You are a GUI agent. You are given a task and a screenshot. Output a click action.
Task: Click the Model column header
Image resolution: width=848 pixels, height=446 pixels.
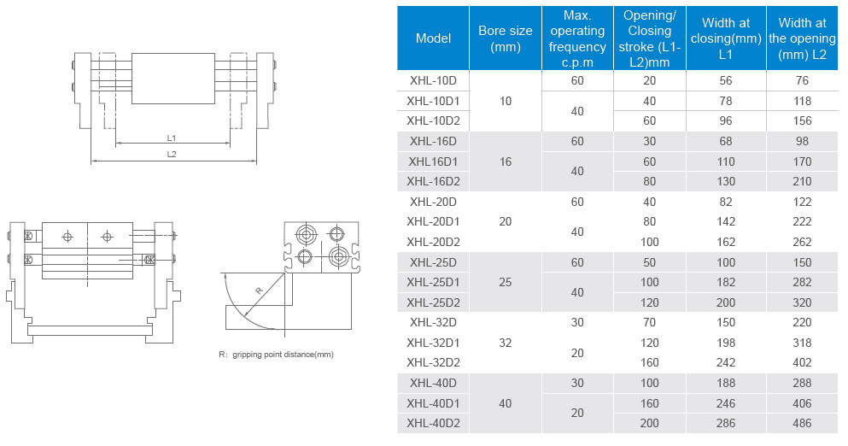point(433,38)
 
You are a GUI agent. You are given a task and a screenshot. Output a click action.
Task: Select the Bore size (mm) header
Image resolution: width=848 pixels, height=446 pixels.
point(506,38)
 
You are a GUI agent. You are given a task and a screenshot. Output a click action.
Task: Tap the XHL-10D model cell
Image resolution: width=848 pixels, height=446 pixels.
point(433,80)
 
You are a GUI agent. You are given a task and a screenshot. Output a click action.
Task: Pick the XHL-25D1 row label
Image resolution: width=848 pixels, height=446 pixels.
point(433,282)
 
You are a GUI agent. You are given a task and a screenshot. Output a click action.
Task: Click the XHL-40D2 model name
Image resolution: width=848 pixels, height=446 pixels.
point(433,423)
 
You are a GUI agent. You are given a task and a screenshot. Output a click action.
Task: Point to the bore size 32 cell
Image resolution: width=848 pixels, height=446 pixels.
point(506,342)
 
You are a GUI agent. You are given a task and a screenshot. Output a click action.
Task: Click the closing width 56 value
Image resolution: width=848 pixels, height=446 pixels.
point(726,80)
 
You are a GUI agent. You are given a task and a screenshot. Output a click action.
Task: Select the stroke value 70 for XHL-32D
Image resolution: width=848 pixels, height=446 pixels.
point(649,322)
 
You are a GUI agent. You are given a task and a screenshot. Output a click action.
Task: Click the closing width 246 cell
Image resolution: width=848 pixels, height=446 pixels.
point(726,402)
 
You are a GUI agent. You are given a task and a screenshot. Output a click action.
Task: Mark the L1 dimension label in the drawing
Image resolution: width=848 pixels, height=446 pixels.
point(172,138)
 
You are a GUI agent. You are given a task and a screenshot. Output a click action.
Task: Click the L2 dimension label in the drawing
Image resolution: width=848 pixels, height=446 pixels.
point(172,154)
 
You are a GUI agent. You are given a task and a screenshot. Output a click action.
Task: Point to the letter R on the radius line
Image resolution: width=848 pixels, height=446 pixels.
point(259,290)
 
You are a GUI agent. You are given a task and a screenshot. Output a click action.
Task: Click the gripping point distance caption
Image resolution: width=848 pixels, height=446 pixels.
point(276,354)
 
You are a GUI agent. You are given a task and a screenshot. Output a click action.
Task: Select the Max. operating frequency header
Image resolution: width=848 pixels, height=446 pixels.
point(577,38)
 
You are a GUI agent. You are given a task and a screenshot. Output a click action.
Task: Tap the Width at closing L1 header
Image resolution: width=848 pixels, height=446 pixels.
point(726,38)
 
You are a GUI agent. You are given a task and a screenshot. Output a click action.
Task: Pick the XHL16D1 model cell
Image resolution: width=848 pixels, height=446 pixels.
point(433,161)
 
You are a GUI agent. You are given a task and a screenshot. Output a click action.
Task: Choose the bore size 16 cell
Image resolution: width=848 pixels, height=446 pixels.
point(506,161)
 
